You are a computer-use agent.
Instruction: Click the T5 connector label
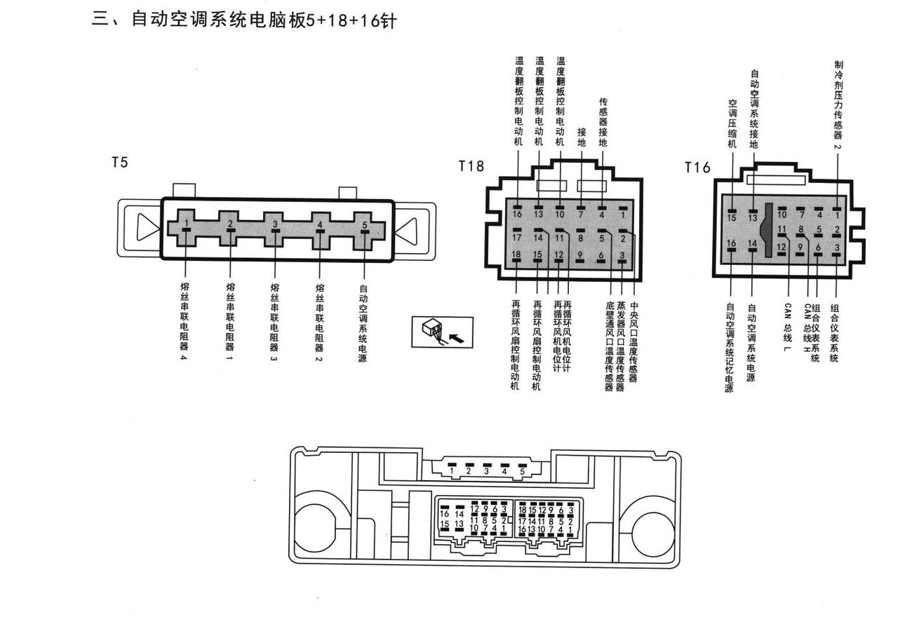point(120,163)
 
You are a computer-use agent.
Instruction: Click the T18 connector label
point(471,166)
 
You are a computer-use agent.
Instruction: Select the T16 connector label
point(697,167)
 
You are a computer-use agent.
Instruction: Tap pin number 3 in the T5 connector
point(275,224)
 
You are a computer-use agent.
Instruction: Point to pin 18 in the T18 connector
point(516,255)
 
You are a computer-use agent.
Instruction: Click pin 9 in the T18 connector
point(579,255)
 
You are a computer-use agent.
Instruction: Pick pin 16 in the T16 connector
point(731,243)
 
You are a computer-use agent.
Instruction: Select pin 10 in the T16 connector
point(782,215)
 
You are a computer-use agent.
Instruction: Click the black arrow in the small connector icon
point(457,338)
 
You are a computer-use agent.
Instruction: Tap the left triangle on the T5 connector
point(147,227)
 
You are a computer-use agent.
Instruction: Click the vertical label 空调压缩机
point(732,123)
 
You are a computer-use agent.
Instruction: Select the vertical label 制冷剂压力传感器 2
point(838,105)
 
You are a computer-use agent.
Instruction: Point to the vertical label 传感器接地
point(603,122)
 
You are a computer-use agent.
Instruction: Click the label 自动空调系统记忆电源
point(729,348)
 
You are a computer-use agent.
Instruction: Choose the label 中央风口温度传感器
point(633,342)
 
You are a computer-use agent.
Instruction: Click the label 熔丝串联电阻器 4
point(185,321)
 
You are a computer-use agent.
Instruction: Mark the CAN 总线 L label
point(787,328)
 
